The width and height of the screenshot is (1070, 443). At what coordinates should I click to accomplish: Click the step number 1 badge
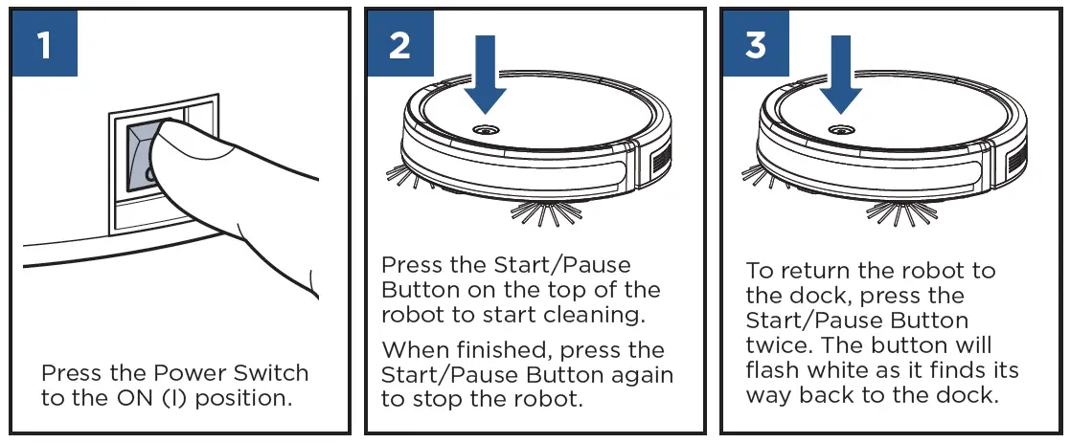44,46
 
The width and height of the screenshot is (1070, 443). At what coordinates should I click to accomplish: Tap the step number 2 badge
399,46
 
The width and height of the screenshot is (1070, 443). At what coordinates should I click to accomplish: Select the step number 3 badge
756,46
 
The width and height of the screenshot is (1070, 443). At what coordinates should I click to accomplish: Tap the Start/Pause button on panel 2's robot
485,127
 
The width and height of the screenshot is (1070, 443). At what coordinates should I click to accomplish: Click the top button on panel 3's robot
840,127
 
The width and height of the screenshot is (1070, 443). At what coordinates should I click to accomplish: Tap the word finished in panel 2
508,350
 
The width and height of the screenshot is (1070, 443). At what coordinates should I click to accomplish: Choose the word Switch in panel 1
273,372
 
